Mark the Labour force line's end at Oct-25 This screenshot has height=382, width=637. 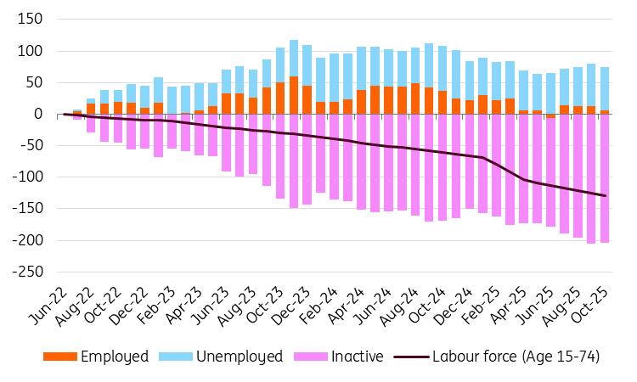coord(605,196)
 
